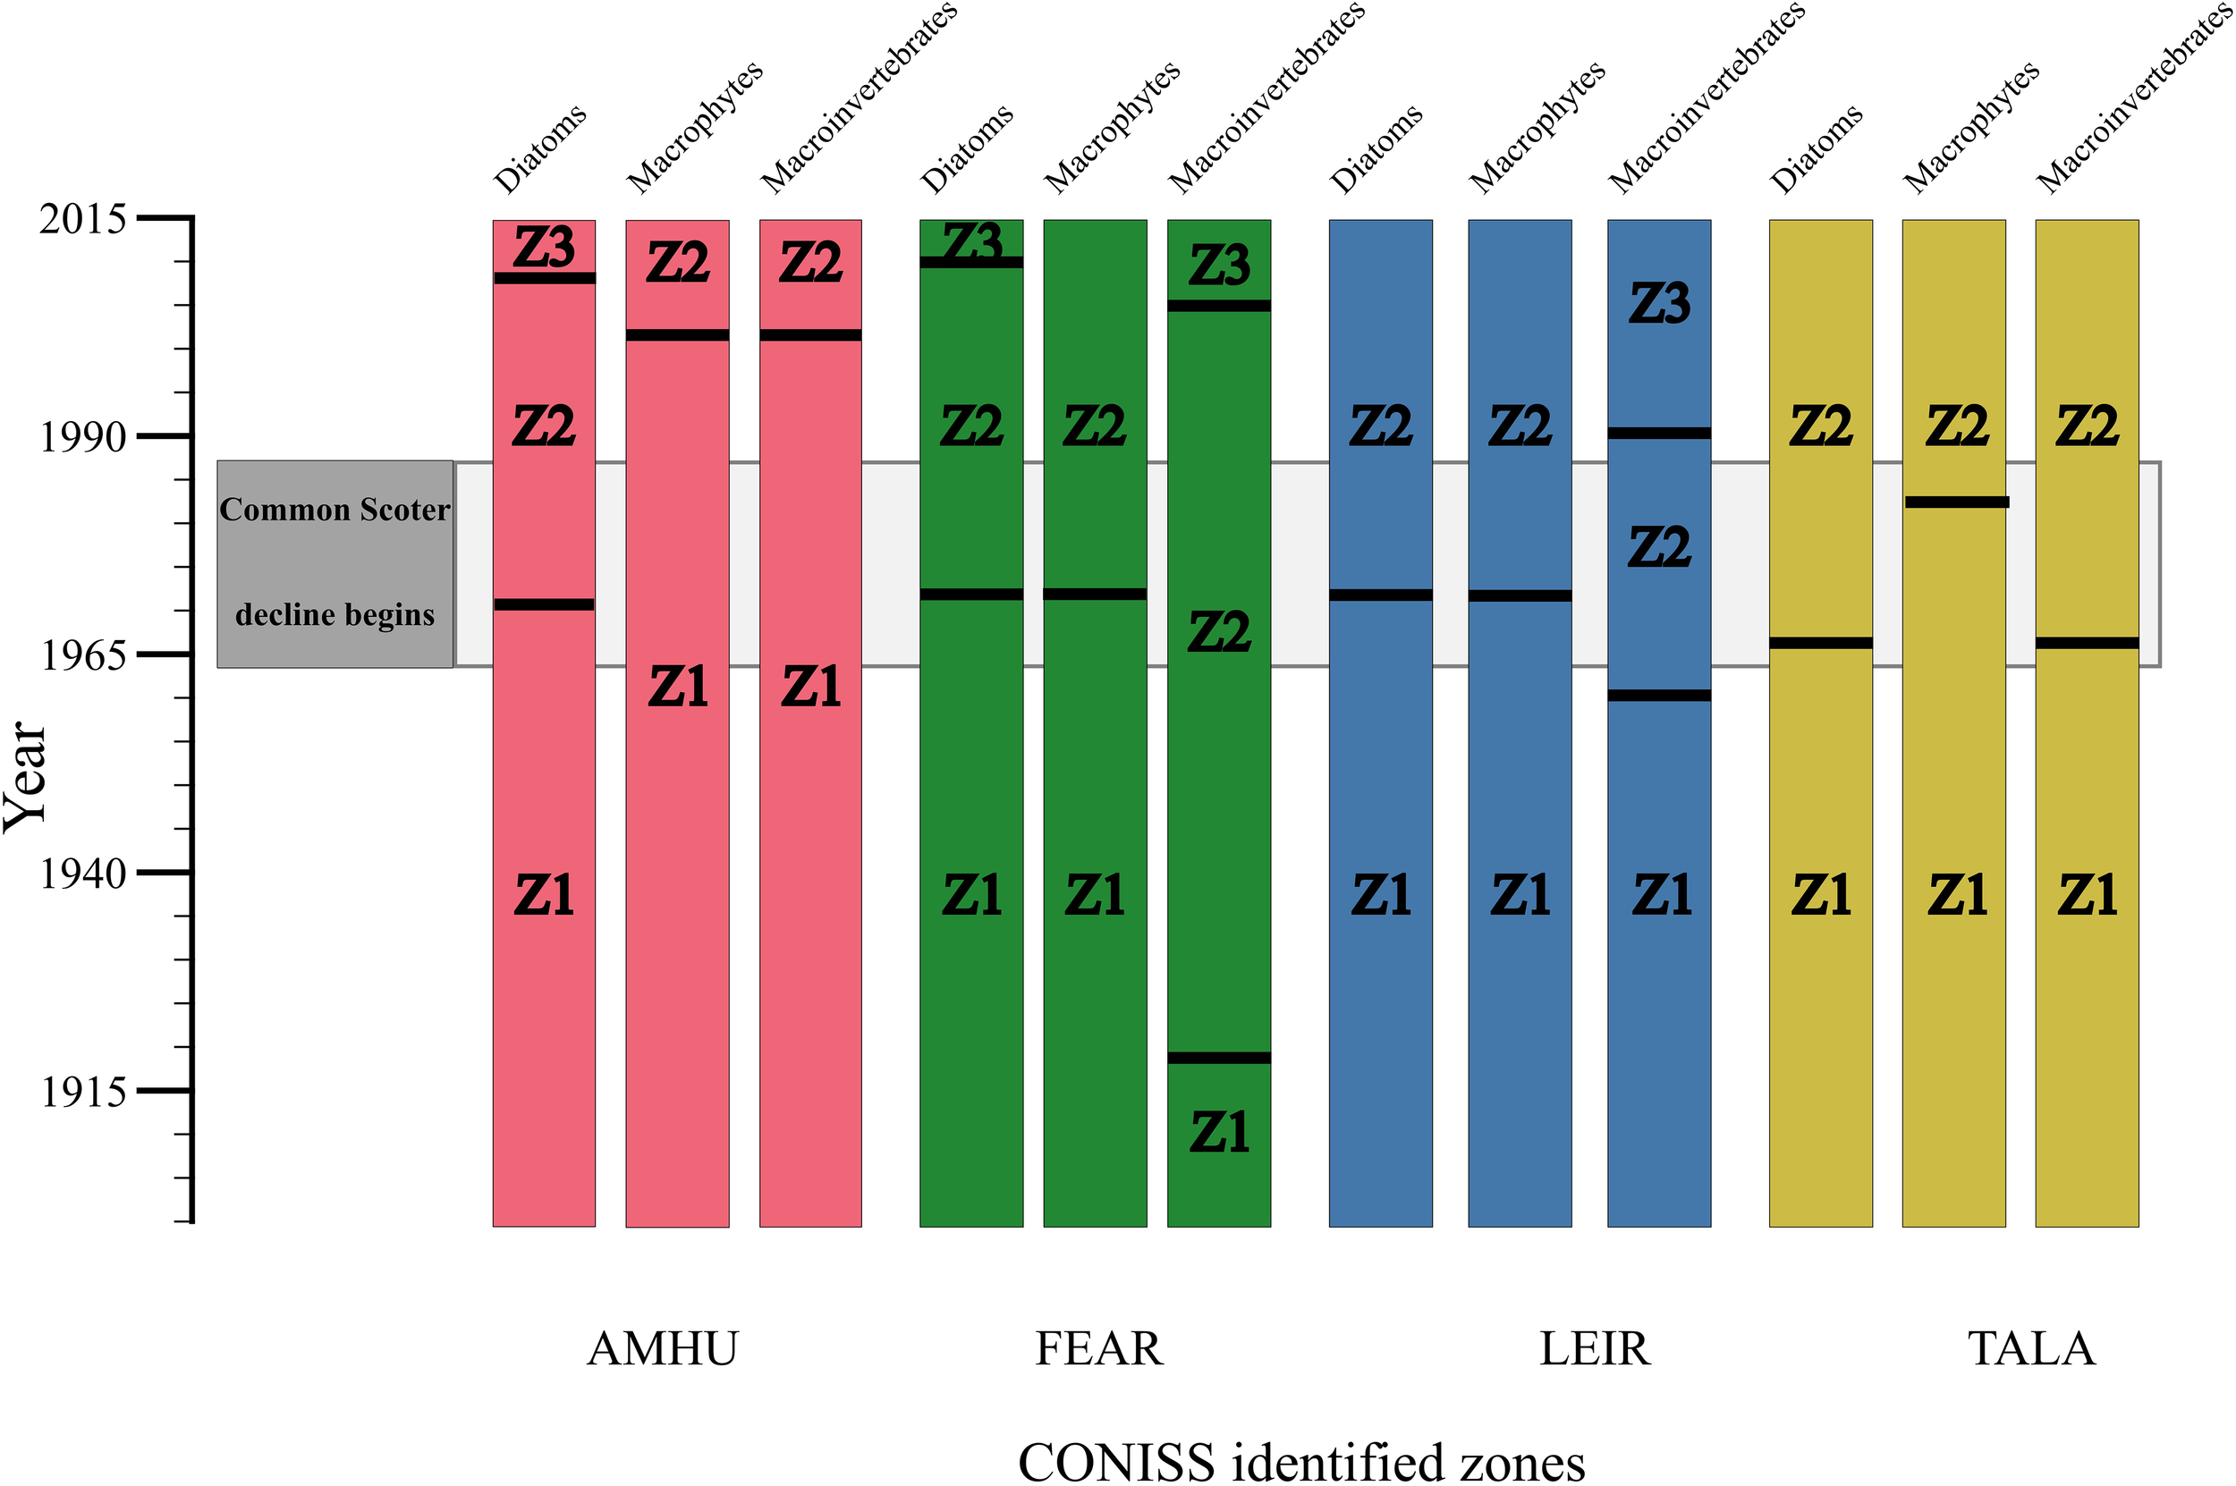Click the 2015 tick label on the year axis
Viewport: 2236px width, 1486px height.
(x=82, y=220)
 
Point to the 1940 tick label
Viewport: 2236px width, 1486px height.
(x=82, y=874)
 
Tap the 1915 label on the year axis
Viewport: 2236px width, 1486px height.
(x=82, y=1093)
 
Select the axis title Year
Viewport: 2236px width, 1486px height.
(x=26, y=776)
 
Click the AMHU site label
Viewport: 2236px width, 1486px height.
(x=662, y=1348)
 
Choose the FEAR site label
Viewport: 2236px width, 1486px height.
(x=1098, y=1348)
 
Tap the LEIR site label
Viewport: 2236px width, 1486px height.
(x=1595, y=1348)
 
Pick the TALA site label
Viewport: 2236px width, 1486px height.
(x=2031, y=1348)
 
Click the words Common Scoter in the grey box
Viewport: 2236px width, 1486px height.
(x=335, y=510)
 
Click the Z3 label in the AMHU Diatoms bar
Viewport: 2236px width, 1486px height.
(x=544, y=248)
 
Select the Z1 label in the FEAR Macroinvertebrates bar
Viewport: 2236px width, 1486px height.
(x=1219, y=1133)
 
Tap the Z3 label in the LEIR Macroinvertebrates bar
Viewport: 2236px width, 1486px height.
(x=1659, y=304)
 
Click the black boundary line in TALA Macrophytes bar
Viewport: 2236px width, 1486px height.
(x=1955, y=502)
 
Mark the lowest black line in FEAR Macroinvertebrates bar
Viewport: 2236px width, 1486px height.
(x=1219, y=1058)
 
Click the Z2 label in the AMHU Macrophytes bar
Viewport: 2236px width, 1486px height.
(x=678, y=263)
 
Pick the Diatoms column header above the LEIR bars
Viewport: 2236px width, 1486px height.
(x=1376, y=149)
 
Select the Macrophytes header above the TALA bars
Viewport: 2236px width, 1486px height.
(x=1971, y=127)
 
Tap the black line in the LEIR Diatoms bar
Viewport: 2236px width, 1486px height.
(x=1380, y=595)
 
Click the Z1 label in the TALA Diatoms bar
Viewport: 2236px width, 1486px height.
(x=1821, y=896)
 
